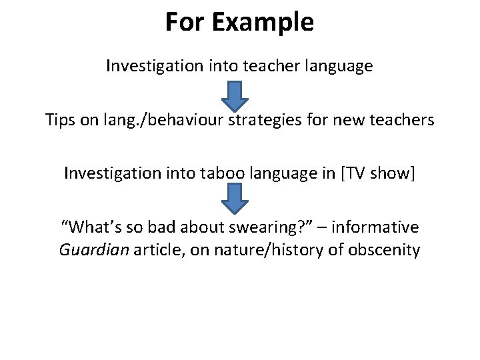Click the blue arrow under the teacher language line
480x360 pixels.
tap(235, 95)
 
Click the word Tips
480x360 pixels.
tap(61, 121)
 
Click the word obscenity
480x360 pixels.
tap(385, 251)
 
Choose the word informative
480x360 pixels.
tap(375, 227)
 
